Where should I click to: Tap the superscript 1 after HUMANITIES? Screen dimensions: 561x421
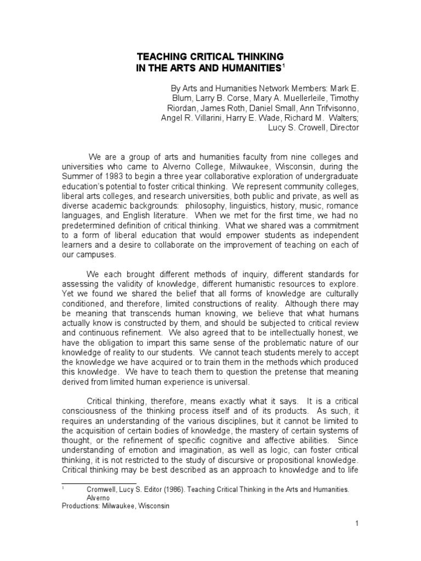tap(283, 65)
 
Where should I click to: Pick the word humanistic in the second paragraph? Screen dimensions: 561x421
tap(253, 285)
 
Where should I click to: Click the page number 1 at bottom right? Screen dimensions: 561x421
tap(356, 524)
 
